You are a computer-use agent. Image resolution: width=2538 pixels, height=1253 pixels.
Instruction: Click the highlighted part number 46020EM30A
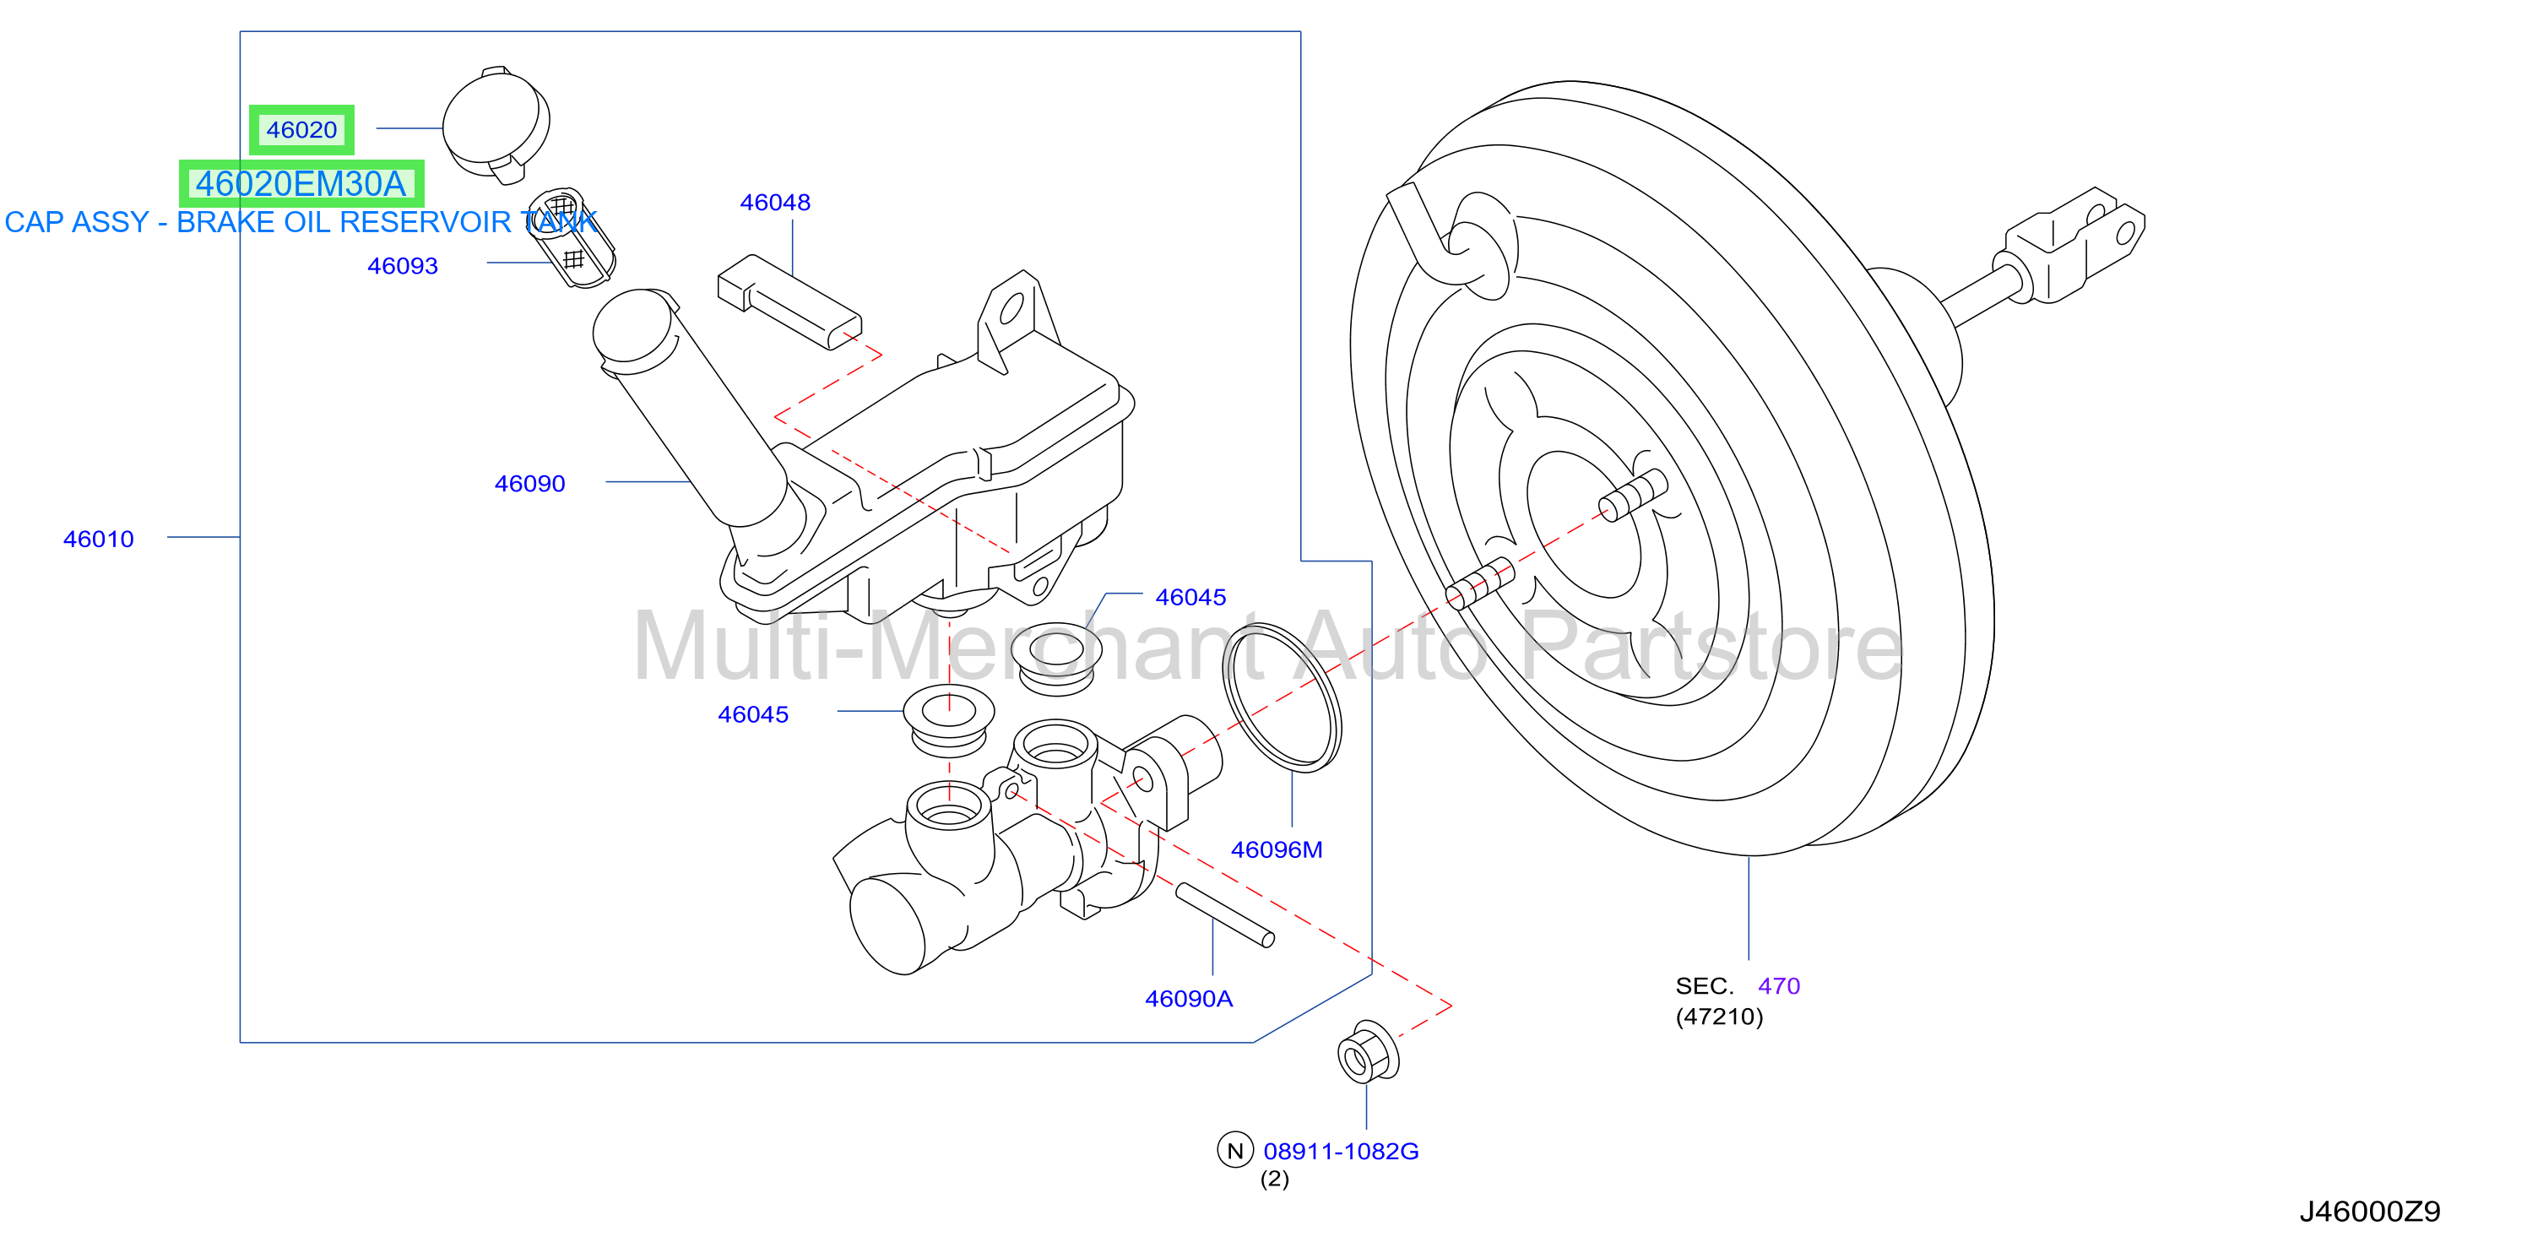(301, 184)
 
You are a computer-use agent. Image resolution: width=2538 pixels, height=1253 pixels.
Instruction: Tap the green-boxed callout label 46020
(301, 130)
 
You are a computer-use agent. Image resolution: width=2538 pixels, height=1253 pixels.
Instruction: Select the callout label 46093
(402, 266)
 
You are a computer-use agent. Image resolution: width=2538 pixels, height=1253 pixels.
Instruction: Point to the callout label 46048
(774, 202)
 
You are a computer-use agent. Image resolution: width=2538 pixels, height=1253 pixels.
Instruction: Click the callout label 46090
(529, 484)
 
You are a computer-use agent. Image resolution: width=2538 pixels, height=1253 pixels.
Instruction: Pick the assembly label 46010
(98, 539)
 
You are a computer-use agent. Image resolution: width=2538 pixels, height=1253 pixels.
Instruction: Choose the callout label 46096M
(1276, 849)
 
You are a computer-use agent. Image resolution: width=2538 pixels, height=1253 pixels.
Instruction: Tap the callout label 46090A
(1188, 999)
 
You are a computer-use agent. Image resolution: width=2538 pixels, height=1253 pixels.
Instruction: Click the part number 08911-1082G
(1341, 1151)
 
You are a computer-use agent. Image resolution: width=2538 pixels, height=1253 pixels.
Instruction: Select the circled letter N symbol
(1234, 1150)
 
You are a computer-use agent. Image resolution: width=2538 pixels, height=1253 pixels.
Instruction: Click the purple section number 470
(1778, 986)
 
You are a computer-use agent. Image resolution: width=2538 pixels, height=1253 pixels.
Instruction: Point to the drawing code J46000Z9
(2369, 1212)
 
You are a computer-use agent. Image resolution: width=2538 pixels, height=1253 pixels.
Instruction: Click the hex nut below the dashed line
(1368, 1053)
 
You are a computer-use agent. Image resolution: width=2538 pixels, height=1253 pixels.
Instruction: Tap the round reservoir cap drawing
(496, 125)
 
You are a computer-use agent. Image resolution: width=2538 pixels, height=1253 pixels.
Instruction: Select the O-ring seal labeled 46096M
(1282, 697)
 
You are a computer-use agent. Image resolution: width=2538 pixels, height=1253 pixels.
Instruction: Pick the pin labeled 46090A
(1224, 915)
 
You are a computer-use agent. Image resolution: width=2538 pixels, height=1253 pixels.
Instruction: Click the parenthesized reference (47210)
(1719, 1017)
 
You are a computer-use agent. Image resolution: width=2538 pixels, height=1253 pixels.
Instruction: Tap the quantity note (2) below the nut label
(1274, 1179)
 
